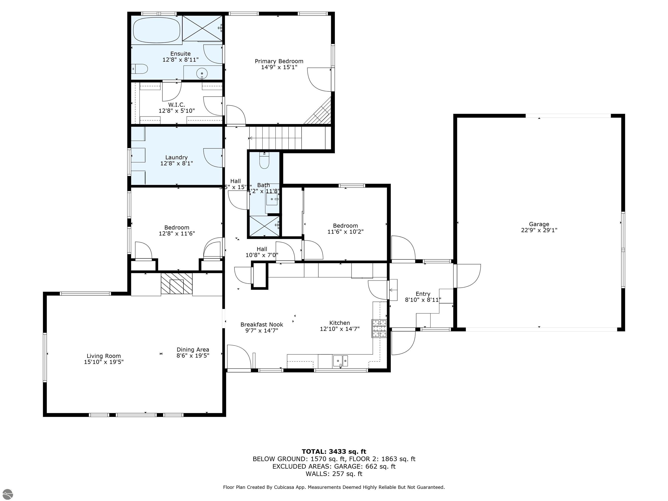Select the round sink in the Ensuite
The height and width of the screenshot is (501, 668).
pyautogui.click(x=202, y=73)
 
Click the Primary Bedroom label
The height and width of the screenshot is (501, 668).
pyautogui.click(x=279, y=61)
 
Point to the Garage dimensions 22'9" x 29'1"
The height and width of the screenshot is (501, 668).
pyautogui.click(x=539, y=230)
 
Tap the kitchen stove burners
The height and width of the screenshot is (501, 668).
pyautogui.click(x=379, y=328)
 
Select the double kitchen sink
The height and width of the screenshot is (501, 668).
pyautogui.click(x=340, y=361)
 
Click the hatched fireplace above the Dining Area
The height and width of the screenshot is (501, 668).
pyautogui.click(x=176, y=284)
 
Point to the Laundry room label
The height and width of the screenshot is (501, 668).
pyautogui.click(x=176, y=157)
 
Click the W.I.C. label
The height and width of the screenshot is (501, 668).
pyautogui.click(x=176, y=105)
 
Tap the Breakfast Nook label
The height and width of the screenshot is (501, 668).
pyautogui.click(x=262, y=325)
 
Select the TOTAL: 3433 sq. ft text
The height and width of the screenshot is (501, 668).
pyautogui.click(x=334, y=451)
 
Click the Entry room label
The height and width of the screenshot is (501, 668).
pyautogui.click(x=423, y=294)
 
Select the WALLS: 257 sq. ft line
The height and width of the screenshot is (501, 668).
pyautogui.click(x=334, y=474)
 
